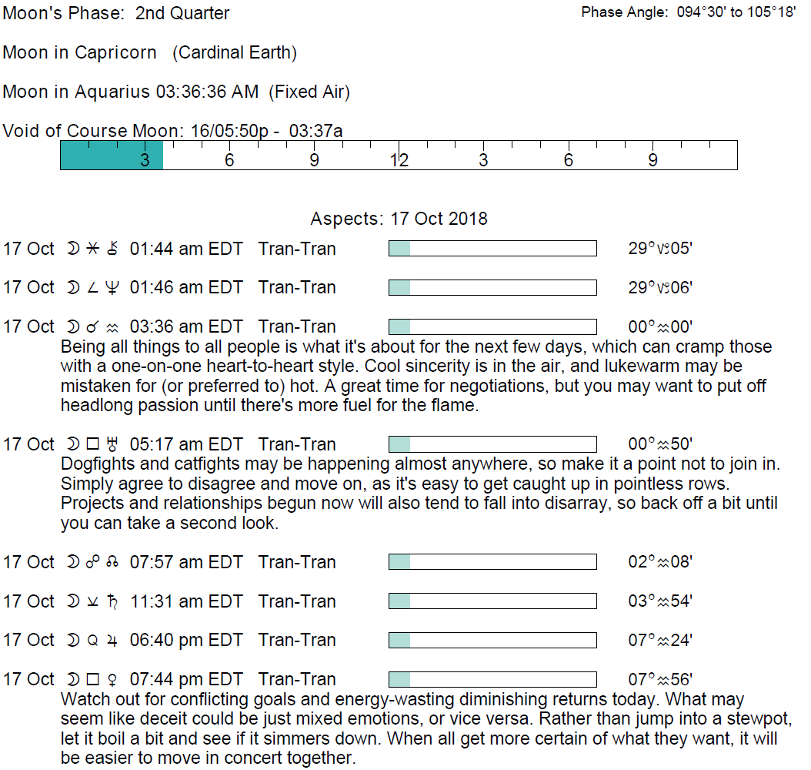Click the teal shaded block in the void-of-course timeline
[x=112, y=156]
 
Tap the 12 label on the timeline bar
[x=399, y=160]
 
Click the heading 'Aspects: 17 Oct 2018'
[x=399, y=219]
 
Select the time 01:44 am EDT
[x=186, y=249]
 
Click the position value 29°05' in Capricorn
[x=660, y=249]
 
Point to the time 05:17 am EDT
[x=186, y=444]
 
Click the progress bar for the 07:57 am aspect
[x=492, y=562]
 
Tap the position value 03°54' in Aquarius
[x=660, y=601]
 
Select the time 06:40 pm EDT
[x=186, y=640]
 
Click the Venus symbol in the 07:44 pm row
[x=112, y=679]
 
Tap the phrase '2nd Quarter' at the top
[x=182, y=13]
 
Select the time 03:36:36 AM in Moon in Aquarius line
[x=207, y=92]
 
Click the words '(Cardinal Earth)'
[x=235, y=53]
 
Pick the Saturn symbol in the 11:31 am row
[x=112, y=601]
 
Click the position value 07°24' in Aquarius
[x=660, y=640]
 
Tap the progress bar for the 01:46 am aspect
[x=492, y=288]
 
